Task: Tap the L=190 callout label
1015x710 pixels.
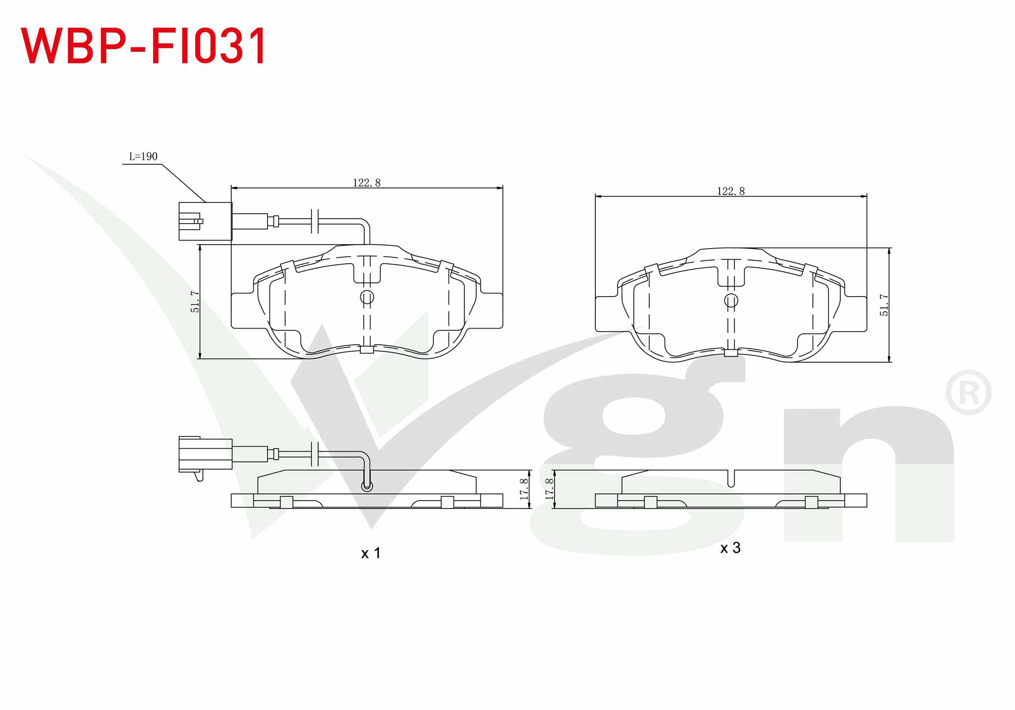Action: click(143, 156)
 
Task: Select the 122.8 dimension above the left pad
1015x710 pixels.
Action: click(367, 182)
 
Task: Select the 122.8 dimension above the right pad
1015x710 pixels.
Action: click(731, 191)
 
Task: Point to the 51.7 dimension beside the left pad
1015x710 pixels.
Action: click(195, 302)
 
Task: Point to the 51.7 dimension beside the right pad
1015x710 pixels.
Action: click(884, 305)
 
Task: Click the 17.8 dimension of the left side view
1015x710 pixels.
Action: click(524, 489)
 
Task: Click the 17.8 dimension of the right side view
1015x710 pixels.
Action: click(549, 489)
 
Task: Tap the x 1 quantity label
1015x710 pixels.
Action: click(371, 554)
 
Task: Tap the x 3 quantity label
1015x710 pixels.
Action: click(730, 548)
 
